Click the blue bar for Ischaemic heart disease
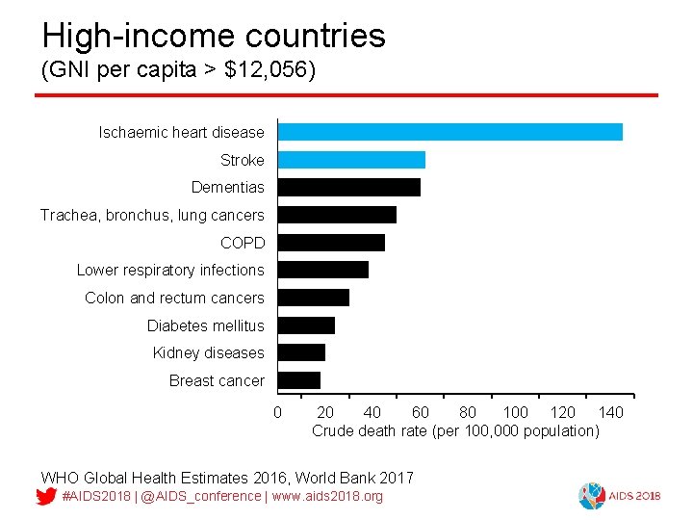click(x=449, y=132)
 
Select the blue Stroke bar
click(x=351, y=160)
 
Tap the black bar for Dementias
click(x=348, y=187)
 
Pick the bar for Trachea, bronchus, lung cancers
click(x=337, y=215)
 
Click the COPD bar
click(x=331, y=243)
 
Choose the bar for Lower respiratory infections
click(x=322, y=270)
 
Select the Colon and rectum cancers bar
click(x=313, y=298)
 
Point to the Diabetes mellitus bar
click(x=306, y=325)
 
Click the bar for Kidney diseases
click(x=301, y=352)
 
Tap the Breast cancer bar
click(x=298, y=380)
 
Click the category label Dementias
click(x=227, y=187)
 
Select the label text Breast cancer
click(x=217, y=380)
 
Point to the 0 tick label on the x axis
click(x=278, y=413)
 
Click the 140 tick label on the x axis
click(x=611, y=413)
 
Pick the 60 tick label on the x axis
click(x=420, y=413)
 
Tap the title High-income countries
click(x=214, y=36)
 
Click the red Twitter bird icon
click(x=45, y=497)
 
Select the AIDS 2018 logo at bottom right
click(x=619, y=495)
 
